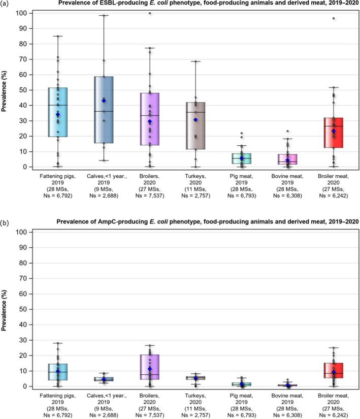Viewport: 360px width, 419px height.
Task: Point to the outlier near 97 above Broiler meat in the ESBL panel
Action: pyautogui.click(x=334, y=18)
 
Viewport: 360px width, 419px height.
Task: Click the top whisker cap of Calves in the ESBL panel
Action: pyautogui.click(x=104, y=15)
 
